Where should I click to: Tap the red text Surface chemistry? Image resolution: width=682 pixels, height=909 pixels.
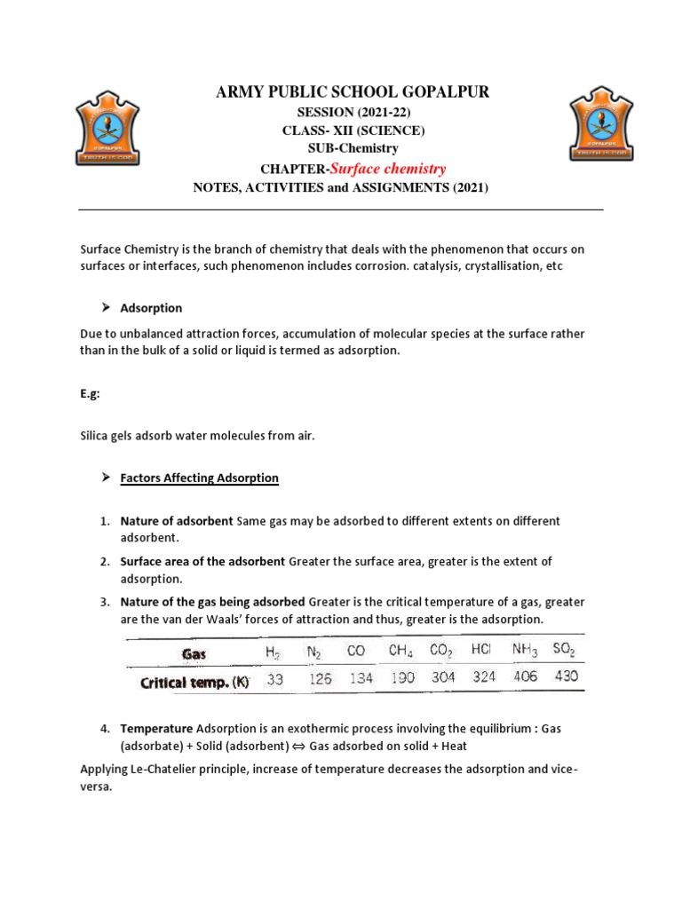388,169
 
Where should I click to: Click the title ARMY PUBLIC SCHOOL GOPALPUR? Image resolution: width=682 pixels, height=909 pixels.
340,93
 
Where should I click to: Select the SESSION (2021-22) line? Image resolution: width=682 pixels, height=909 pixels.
340,112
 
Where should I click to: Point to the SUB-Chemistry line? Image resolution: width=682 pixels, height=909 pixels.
340,148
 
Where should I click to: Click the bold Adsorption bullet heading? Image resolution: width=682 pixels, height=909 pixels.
151,308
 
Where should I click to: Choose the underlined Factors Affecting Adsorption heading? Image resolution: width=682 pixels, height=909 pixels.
199,478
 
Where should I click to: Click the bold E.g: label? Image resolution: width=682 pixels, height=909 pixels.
91,394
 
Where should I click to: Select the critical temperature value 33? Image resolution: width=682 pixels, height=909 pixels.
274,679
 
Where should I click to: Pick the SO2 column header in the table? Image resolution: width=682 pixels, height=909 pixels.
563,650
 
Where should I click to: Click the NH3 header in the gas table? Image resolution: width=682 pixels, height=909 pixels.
524,650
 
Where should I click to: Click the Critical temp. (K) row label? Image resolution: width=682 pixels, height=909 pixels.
194,683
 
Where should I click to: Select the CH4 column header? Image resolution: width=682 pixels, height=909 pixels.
400,652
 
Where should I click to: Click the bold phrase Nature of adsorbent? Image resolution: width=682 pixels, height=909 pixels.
177,520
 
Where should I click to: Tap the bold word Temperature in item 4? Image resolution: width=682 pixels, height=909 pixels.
156,728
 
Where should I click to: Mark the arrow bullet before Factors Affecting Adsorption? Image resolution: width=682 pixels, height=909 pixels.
105,478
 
